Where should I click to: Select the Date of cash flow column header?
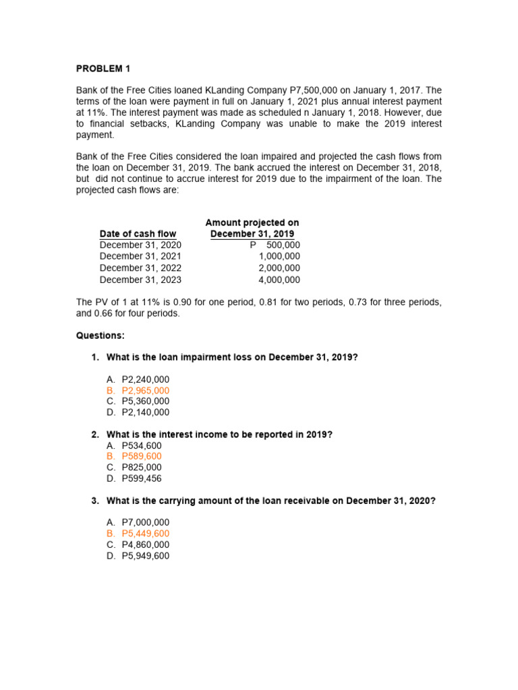138,234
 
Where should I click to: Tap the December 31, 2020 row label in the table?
140,245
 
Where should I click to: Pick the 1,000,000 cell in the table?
279,257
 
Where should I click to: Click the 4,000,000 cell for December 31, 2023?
279,280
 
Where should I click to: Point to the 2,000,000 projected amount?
279,268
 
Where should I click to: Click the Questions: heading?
100,336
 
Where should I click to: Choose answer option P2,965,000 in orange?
146,391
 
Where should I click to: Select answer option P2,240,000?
146,379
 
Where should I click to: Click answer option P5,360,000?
146,402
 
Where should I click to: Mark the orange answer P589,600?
142,457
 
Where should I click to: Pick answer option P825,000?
142,468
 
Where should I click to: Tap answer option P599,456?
142,478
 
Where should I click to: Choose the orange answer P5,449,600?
146,534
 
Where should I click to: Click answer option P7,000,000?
146,522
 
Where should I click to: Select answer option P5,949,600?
146,556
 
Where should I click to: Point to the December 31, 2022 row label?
140,268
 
